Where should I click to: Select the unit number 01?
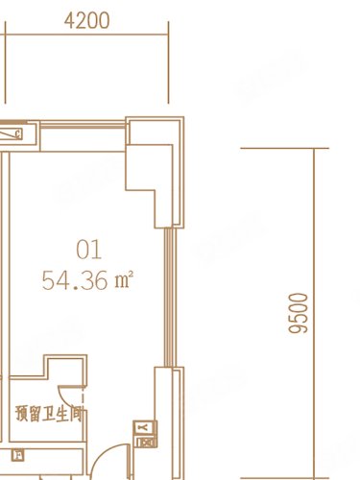tap(88, 252)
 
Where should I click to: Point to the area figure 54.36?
tap(75, 281)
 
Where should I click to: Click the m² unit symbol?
tap(123, 281)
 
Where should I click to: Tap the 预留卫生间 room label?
tap(51, 415)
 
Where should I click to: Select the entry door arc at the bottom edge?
tap(113, 458)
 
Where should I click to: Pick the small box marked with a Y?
tap(143, 427)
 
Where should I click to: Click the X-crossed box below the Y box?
tap(146, 441)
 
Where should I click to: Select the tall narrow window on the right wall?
tap(171, 298)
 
